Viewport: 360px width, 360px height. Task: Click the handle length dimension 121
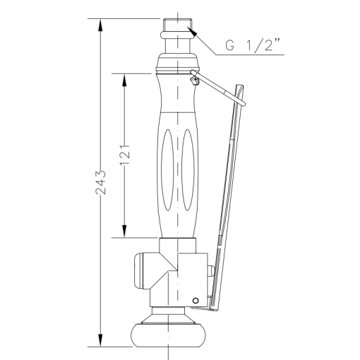(125, 154)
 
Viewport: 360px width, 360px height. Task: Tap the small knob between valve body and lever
(210, 271)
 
